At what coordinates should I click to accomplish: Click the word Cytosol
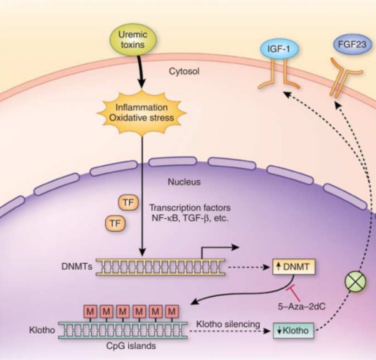(184, 71)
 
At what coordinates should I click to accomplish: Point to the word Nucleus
(184, 182)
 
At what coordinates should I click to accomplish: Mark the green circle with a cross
(356, 283)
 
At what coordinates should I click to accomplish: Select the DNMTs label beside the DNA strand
(80, 266)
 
